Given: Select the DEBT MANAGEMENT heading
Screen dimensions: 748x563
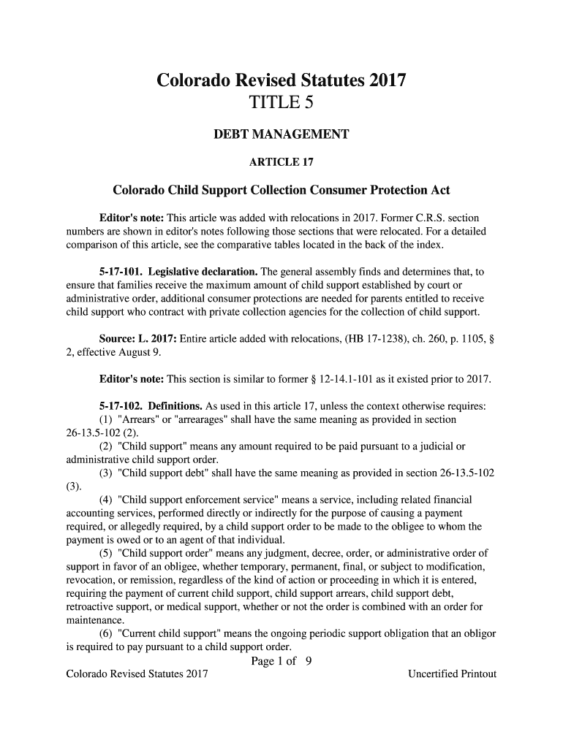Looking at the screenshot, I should tap(281, 135).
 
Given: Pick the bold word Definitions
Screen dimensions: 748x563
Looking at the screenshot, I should tap(175, 406).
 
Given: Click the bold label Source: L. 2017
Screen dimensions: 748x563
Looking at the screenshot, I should tap(137, 339).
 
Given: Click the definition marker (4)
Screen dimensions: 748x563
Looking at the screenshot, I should tap(106, 500).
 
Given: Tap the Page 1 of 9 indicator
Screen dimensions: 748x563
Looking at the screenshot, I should tap(281, 662).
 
